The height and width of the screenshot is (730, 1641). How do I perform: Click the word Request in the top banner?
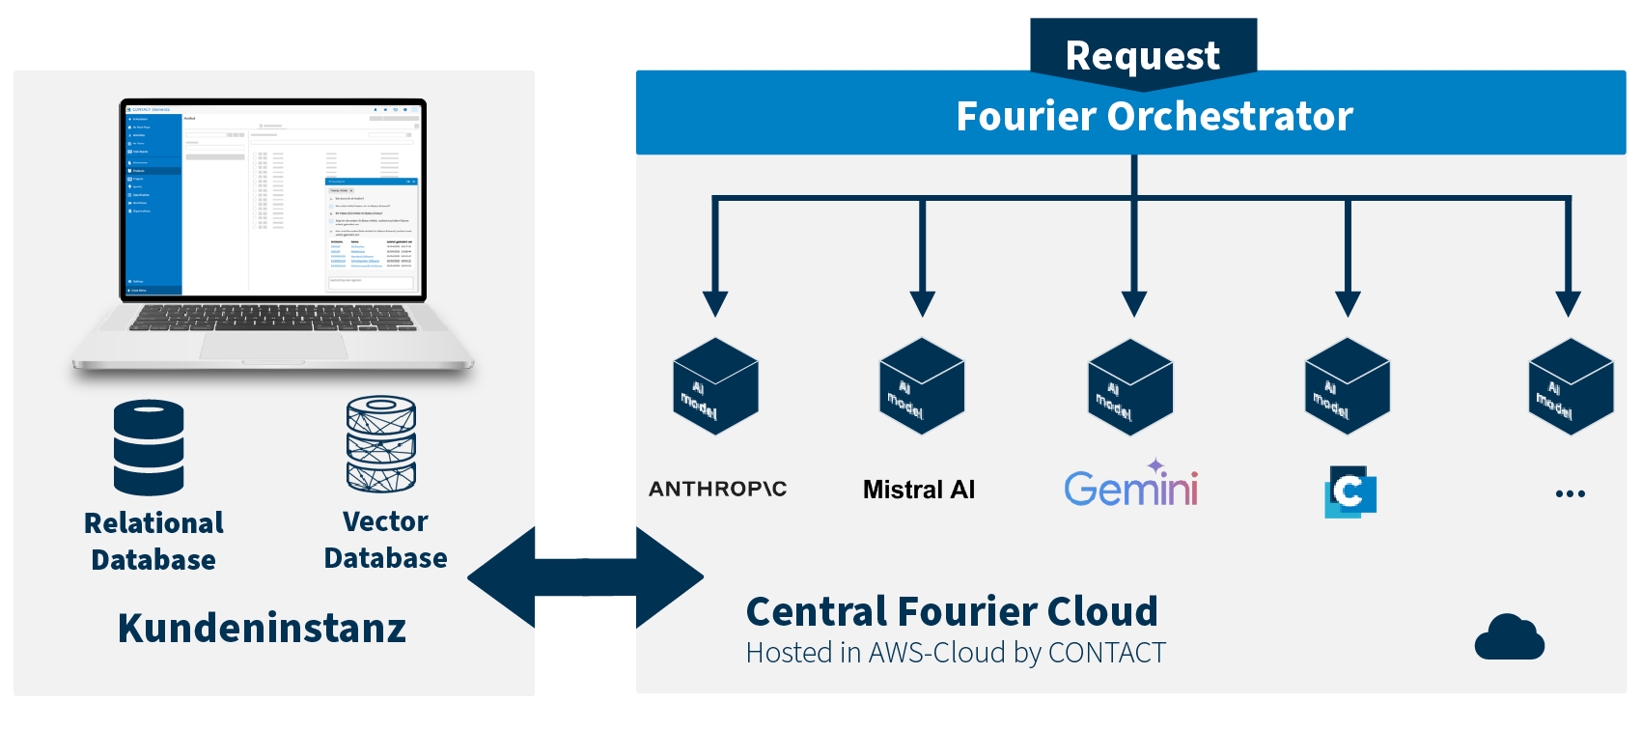tap(1143, 56)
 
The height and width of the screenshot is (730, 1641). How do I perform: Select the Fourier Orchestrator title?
tap(1154, 116)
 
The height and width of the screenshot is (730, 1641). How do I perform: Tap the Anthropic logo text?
tap(718, 489)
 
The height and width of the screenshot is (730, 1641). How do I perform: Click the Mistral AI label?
tap(919, 490)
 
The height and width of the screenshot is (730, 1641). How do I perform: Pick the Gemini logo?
tap(1131, 486)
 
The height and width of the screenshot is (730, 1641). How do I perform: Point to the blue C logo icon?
tap(1349, 491)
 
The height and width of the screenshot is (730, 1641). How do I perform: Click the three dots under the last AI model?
tap(1571, 493)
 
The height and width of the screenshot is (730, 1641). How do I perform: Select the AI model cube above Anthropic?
tap(715, 386)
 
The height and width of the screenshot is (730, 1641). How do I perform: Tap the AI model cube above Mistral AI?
tap(922, 385)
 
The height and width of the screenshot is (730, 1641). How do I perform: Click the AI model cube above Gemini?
tap(1130, 386)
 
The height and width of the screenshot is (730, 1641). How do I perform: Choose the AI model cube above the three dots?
tap(1571, 386)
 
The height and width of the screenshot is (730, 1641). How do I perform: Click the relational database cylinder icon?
tap(149, 447)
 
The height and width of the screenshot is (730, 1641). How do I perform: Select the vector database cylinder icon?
tap(381, 443)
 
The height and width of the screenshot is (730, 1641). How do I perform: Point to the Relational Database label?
tap(153, 541)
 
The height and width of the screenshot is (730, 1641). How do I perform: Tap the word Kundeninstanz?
tap(262, 628)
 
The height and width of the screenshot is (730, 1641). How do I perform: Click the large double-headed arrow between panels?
tap(585, 577)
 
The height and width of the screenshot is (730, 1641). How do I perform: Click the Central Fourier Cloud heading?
tap(952, 611)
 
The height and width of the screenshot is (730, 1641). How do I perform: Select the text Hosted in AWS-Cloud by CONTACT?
tap(956, 653)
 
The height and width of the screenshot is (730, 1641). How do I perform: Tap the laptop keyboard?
tap(272, 318)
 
